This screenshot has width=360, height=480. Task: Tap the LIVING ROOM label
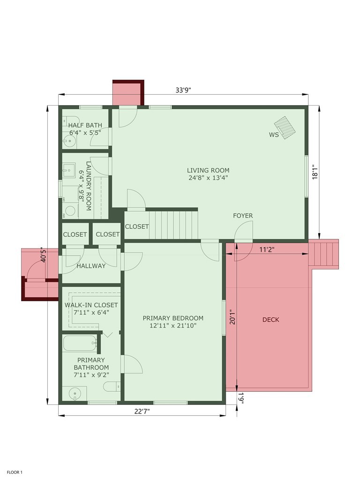[x=208, y=174]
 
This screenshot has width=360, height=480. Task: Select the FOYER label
[x=243, y=216]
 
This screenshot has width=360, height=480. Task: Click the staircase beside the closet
[x=173, y=225]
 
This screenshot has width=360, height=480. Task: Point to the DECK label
[x=270, y=320]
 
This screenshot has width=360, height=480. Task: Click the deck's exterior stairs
[x=324, y=254]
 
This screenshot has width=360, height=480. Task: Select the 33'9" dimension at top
[x=183, y=91]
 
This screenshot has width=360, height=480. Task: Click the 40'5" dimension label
[x=43, y=255]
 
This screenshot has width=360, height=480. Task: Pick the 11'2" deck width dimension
[x=267, y=251]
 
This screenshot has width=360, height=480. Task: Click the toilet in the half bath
[x=70, y=119]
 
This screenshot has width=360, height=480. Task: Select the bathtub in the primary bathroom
[x=80, y=344]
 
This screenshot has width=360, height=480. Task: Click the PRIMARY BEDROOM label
[x=173, y=322]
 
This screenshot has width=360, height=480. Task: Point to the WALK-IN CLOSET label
[x=91, y=309]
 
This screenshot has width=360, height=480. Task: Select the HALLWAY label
[x=91, y=266]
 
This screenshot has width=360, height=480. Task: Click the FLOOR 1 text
[x=15, y=472]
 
